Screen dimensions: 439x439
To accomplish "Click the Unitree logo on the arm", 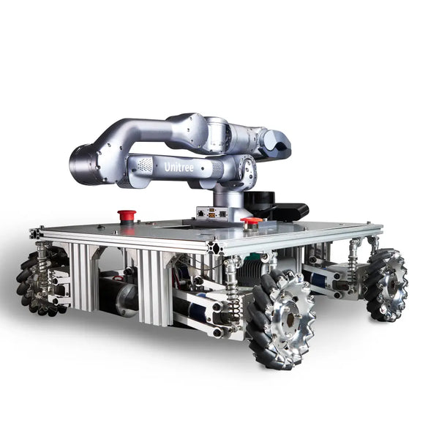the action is point(179,167).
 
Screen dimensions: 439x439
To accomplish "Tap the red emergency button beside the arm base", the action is point(252,222).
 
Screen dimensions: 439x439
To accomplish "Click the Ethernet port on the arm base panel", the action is point(200,213).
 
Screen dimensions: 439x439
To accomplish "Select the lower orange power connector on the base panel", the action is point(212,215).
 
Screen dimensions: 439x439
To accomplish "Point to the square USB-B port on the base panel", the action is point(222,214).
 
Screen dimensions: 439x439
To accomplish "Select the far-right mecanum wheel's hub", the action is point(393,286).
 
